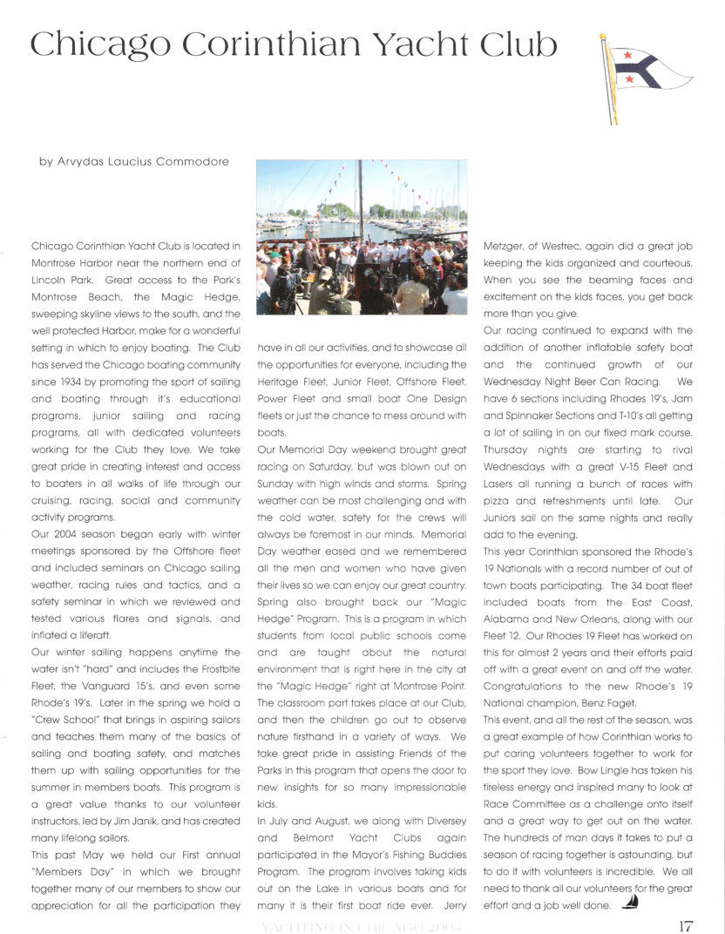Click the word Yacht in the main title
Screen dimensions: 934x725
pos(421,44)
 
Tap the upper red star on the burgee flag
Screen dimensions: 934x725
pos(626,55)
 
